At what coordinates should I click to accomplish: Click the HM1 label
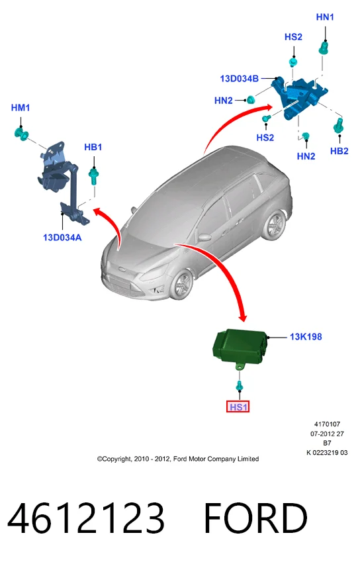click(21, 107)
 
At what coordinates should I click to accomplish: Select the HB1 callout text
click(93, 147)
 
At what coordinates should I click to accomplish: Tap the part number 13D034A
click(62, 238)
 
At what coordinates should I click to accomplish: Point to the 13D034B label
click(239, 79)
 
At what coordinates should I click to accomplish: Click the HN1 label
click(325, 17)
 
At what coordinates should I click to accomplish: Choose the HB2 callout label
click(339, 151)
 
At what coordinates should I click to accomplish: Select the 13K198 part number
click(306, 337)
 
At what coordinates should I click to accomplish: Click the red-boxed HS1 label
click(238, 407)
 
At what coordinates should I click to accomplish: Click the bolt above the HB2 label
click(339, 126)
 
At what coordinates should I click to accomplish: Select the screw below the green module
click(239, 385)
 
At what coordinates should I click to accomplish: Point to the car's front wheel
click(181, 285)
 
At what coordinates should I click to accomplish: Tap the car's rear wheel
click(273, 226)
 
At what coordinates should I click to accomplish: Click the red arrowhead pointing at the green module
click(242, 317)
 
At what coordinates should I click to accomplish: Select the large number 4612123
click(86, 518)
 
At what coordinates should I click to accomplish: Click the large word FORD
click(255, 518)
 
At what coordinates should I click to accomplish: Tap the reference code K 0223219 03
click(327, 453)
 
